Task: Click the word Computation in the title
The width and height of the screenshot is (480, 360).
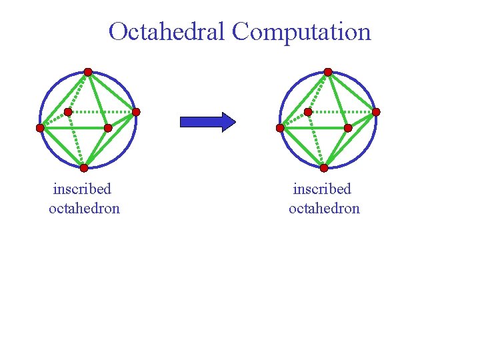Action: click(301, 31)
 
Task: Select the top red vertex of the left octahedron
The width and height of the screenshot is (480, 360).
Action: click(88, 72)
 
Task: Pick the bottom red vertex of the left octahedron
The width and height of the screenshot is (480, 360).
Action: click(84, 168)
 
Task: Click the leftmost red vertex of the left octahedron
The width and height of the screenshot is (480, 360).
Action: click(40, 127)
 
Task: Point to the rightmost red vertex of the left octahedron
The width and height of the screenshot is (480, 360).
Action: click(136, 112)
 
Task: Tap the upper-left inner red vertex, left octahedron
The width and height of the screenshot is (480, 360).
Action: click(68, 112)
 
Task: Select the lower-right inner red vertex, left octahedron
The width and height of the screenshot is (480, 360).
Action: click(108, 127)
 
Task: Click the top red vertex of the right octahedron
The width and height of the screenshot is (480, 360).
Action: click(328, 72)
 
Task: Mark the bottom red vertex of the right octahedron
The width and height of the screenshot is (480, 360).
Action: click(324, 168)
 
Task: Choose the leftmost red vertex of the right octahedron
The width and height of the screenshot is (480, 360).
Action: click(280, 127)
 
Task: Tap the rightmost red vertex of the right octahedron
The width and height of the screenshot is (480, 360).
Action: click(376, 112)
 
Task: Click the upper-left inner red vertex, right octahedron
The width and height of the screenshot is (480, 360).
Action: click(308, 112)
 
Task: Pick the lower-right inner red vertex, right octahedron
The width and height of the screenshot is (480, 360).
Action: click(348, 127)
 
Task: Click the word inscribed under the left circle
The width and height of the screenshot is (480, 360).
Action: click(82, 189)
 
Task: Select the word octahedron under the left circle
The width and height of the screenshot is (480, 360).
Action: click(84, 208)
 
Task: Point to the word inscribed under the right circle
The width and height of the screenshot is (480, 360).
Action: click(322, 189)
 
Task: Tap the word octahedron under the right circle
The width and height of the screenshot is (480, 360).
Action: click(324, 208)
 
